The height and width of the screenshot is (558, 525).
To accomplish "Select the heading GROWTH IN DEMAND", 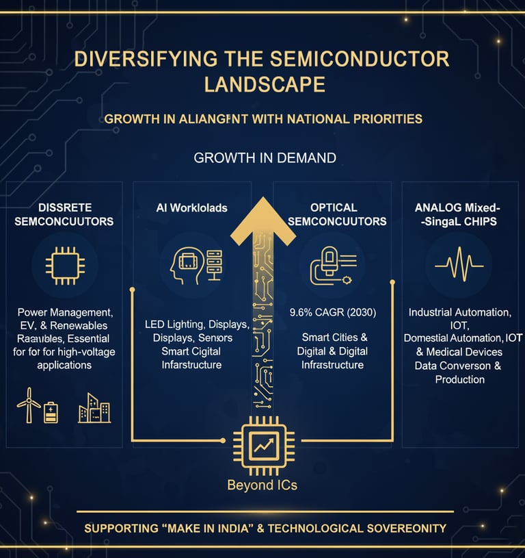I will click(x=265, y=158).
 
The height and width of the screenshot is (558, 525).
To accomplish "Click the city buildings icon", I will click(x=94, y=408).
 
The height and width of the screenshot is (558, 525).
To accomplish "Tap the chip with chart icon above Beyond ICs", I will click(x=263, y=446).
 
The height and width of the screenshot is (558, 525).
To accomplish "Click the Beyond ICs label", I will click(x=263, y=486).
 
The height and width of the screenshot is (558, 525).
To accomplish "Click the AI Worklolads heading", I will click(x=192, y=207).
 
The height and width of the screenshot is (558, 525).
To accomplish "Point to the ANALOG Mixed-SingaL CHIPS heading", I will click(x=459, y=214).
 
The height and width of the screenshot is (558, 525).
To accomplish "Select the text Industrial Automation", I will click(x=459, y=312).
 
